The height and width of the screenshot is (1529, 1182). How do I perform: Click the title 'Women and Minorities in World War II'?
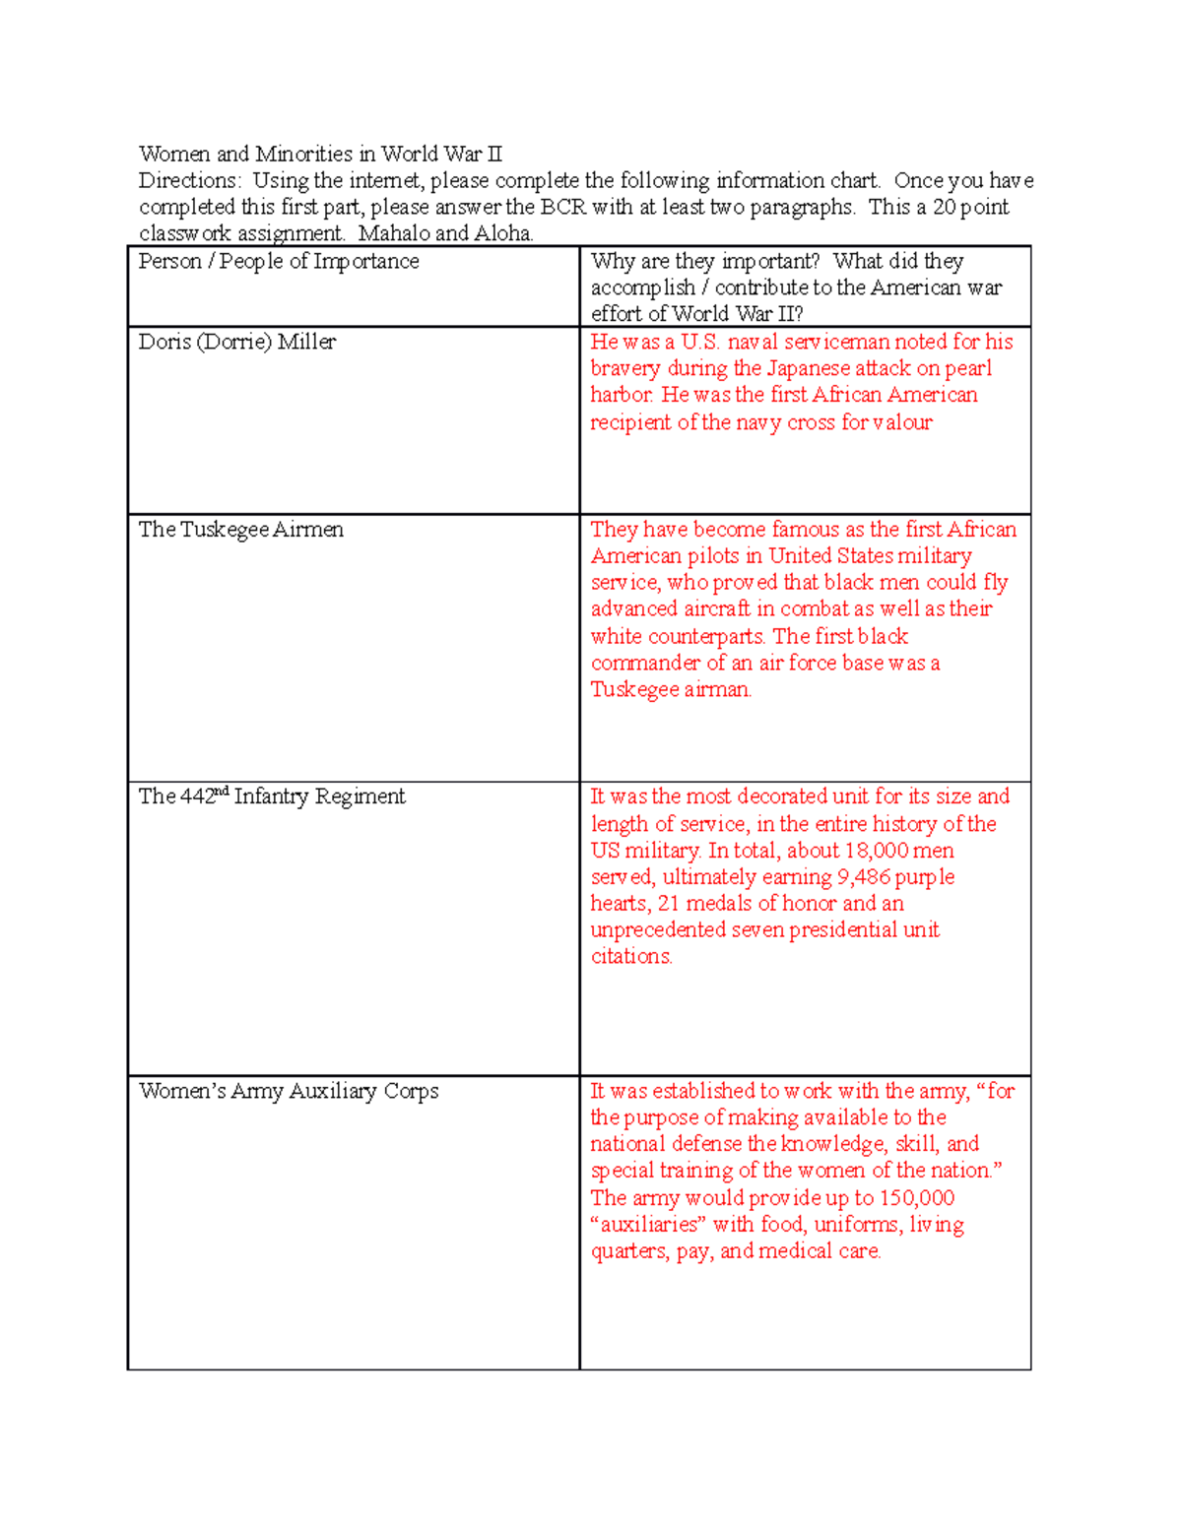[x=320, y=154]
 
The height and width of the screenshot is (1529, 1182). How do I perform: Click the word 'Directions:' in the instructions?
[x=189, y=180]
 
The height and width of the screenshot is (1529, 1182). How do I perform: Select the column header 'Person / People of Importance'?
[x=279, y=261]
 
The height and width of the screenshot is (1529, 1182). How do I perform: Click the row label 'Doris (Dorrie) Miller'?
[x=236, y=342]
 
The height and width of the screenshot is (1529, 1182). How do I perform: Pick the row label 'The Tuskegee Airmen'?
[x=240, y=530]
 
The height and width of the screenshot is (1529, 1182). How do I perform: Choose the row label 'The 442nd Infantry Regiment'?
[x=271, y=796]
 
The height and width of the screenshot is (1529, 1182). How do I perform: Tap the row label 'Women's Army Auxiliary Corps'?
[x=289, y=1091]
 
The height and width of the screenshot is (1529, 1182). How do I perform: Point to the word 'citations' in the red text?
[x=631, y=957]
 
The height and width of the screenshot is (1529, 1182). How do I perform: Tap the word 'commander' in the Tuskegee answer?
[x=645, y=664]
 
